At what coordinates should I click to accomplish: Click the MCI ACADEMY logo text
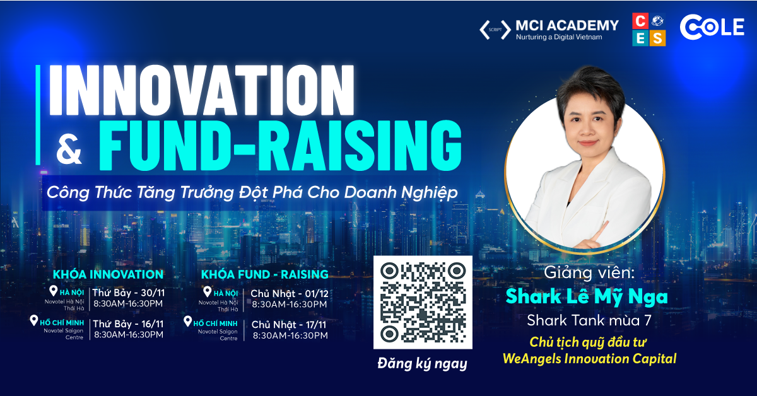click(x=567, y=26)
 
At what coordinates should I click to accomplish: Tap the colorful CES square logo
click(x=649, y=30)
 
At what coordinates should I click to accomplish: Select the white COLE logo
click(x=712, y=27)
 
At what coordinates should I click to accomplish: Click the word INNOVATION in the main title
click(x=201, y=90)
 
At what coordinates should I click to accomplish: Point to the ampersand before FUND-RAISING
click(x=69, y=149)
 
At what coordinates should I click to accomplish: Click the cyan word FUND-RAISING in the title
click(x=280, y=145)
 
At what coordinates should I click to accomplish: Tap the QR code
click(x=423, y=303)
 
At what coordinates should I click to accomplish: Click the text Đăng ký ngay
click(x=423, y=364)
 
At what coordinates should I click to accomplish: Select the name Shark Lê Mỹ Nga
click(x=587, y=296)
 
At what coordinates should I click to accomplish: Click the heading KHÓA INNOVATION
click(x=108, y=274)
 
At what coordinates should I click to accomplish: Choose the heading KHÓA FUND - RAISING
click(x=264, y=274)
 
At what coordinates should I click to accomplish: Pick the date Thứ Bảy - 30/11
click(x=129, y=292)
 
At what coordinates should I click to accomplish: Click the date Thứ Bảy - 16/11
click(x=129, y=323)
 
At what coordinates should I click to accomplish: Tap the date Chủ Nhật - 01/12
click(x=290, y=293)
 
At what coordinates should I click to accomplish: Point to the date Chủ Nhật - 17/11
click(x=289, y=325)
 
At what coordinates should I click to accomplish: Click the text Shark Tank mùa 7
click(x=589, y=320)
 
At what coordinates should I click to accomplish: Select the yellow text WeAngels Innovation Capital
click(x=590, y=359)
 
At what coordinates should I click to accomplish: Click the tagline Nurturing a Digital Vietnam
click(x=559, y=37)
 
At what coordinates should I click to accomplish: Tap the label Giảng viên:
click(x=589, y=272)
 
